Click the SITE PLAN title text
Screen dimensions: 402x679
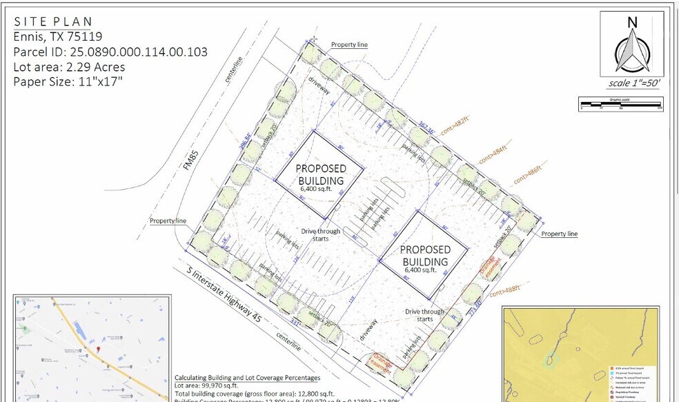[x=52, y=22]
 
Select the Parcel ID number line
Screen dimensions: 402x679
[x=110, y=52]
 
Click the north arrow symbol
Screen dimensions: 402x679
[x=631, y=52]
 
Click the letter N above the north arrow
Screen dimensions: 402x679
[x=631, y=21]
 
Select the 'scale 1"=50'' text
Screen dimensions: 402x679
[x=633, y=83]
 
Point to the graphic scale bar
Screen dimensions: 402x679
[x=620, y=105]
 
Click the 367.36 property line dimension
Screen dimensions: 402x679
[x=426, y=129]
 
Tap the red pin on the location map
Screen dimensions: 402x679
[x=98, y=350]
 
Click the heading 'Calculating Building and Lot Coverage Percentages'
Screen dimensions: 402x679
[x=247, y=378]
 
